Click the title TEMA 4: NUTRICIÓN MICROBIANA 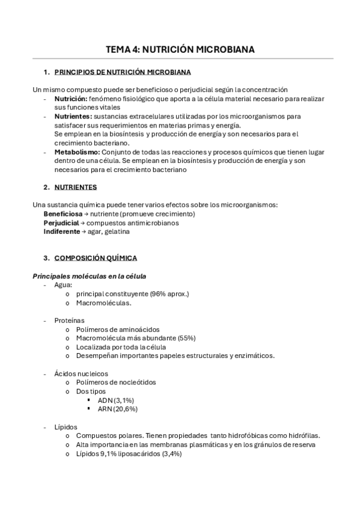pos(180,49)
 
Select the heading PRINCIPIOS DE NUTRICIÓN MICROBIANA pos(123,72)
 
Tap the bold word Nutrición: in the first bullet pos(71,98)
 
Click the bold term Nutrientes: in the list pos(73,116)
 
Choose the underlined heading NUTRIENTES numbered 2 pos(75,187)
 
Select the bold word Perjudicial pos(61,223)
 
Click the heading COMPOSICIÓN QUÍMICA pos(96,258)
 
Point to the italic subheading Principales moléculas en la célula pos(89,276)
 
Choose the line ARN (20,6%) pos(118,409)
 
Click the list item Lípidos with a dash pos(66,426)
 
